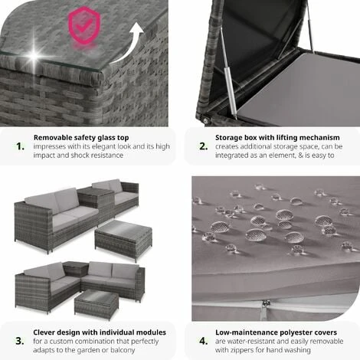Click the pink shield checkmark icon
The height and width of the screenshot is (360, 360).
84,25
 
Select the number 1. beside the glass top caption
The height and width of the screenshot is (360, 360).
20,146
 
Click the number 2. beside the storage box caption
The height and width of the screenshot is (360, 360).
204,146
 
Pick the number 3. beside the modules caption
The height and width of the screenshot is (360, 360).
20,341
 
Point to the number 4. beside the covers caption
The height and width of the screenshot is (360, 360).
204,341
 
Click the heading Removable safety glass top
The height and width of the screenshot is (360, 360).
81,138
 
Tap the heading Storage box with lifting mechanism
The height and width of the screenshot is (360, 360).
277,138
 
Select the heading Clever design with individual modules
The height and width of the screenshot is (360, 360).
100,332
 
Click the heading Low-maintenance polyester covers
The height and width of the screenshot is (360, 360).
276,332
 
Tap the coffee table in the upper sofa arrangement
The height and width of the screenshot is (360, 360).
123,239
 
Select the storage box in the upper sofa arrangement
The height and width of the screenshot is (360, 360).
96,205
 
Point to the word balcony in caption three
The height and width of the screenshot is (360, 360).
123,350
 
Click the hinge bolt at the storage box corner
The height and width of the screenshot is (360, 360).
206,119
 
